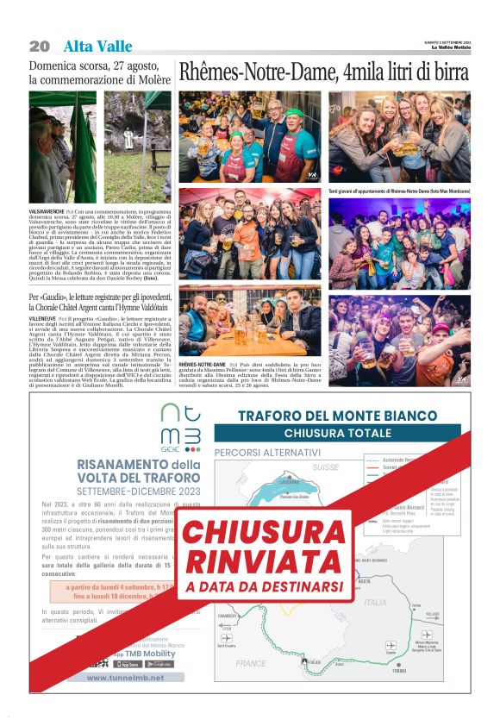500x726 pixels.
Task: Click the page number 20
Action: [40, 46]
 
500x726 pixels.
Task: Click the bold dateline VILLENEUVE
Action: [44, 318]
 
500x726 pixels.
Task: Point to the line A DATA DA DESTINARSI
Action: [252, 587]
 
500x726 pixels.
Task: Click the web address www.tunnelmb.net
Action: [125, 677]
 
